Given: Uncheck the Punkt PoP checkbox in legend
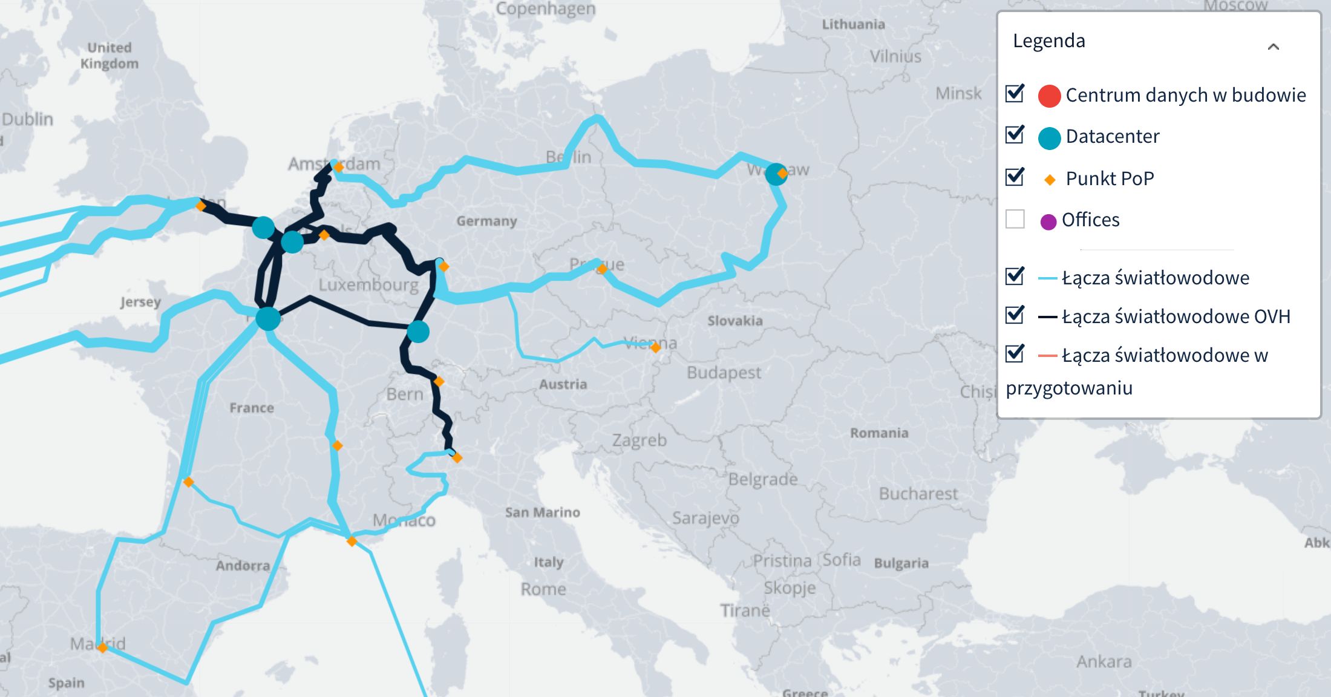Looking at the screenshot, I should click(1015, 177).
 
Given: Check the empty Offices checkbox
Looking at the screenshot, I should click(1015, 219).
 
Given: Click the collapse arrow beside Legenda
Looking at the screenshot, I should click(1273, 47).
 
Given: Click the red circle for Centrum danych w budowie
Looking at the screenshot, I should click(1049, 96).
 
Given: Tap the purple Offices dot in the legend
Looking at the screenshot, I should click(1048, 221).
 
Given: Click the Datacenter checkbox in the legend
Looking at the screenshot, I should click(1015, 135).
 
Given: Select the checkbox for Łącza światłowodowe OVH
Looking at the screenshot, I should click(1015, 315).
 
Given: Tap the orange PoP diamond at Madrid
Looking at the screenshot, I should click(102, 648).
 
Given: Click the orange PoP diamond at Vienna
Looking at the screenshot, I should click(655, 347).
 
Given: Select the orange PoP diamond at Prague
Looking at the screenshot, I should click(601, 269).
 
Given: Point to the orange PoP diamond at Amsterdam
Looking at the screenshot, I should click(338, 167).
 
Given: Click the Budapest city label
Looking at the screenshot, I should click(724, 373).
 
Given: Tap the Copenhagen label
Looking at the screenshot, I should click(546, 8).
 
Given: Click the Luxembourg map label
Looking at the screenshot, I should click(368, 285).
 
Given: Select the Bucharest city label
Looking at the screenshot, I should click(918, 494).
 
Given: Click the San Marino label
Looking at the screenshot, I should click(542, 512).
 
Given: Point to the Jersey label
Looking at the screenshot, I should click(140, 302).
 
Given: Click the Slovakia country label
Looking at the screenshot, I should click(734, 321).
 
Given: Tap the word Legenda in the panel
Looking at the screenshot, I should click(1048, 41).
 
